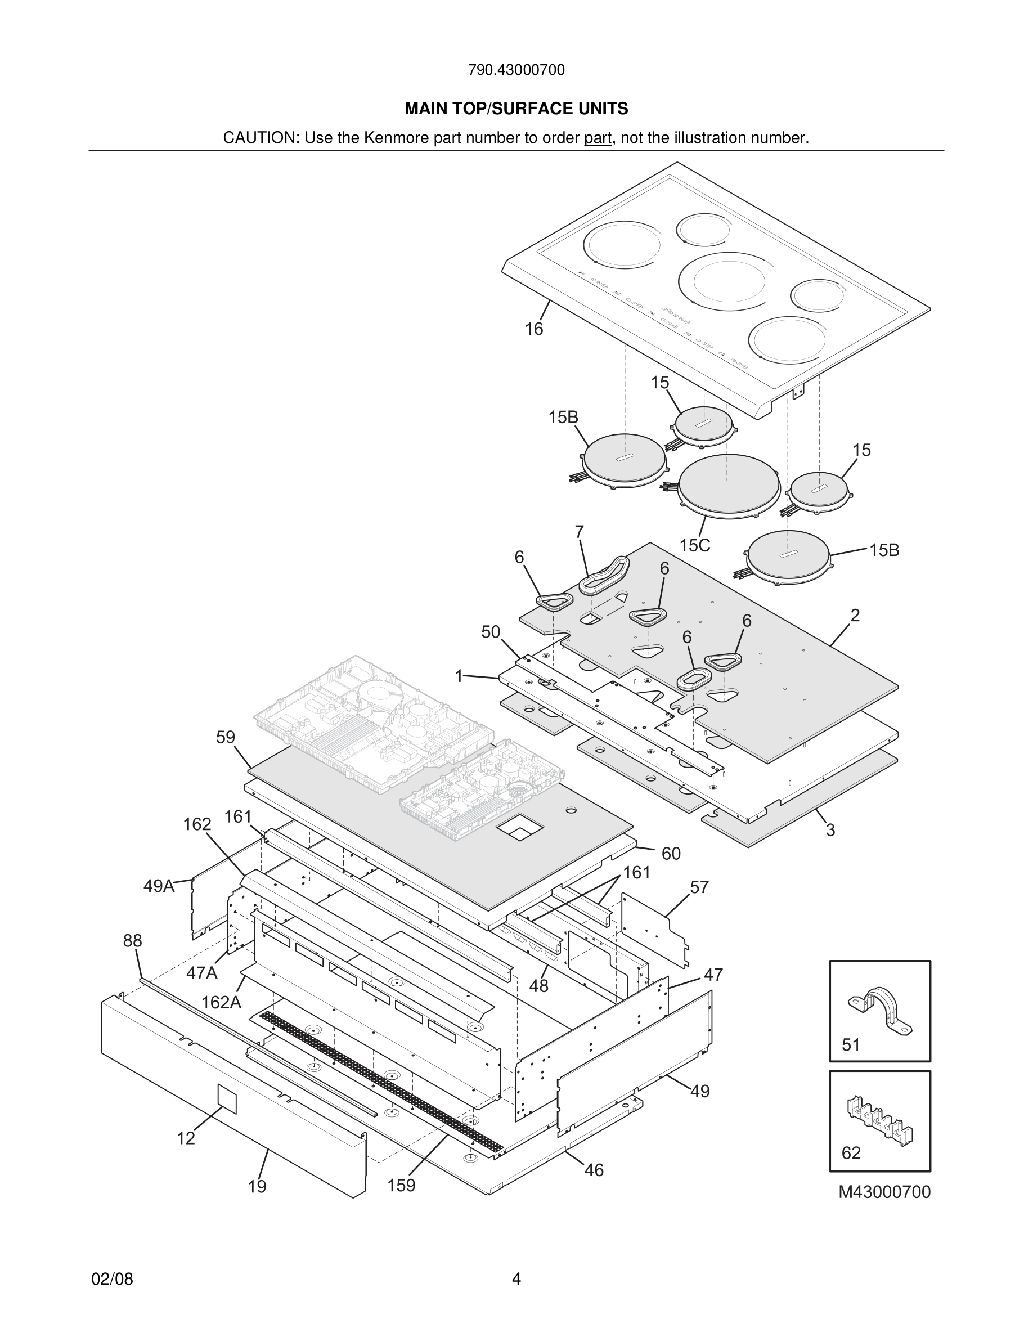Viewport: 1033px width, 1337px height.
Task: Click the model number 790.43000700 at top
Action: pos(516,70)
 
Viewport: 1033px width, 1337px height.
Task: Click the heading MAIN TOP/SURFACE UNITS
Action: pos(516,109)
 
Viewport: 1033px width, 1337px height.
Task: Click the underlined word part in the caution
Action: pos(598,138)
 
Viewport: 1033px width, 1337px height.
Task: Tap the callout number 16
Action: pos(533,329)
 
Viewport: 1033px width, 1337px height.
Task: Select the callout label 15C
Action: pos(695,545)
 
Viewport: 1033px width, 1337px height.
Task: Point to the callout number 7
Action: pos(579,532)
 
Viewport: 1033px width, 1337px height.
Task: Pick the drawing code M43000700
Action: pos(884,1192)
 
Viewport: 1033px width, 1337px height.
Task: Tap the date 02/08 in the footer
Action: pos(112,1279)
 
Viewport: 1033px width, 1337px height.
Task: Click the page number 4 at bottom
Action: pos(516,1279)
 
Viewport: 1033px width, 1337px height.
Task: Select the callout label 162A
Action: pos(221,1003)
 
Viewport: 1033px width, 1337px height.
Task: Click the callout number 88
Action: pos(132,940)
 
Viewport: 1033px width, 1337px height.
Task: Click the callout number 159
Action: pos(401,1185)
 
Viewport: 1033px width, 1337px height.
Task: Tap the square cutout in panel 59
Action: pos(519,829)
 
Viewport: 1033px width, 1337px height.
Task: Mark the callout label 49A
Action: pos(159,886)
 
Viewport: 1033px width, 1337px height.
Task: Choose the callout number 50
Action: pos(490,632)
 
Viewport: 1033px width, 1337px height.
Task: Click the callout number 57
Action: pos(699,887)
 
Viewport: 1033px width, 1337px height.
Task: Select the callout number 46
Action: pos(594,1170)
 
